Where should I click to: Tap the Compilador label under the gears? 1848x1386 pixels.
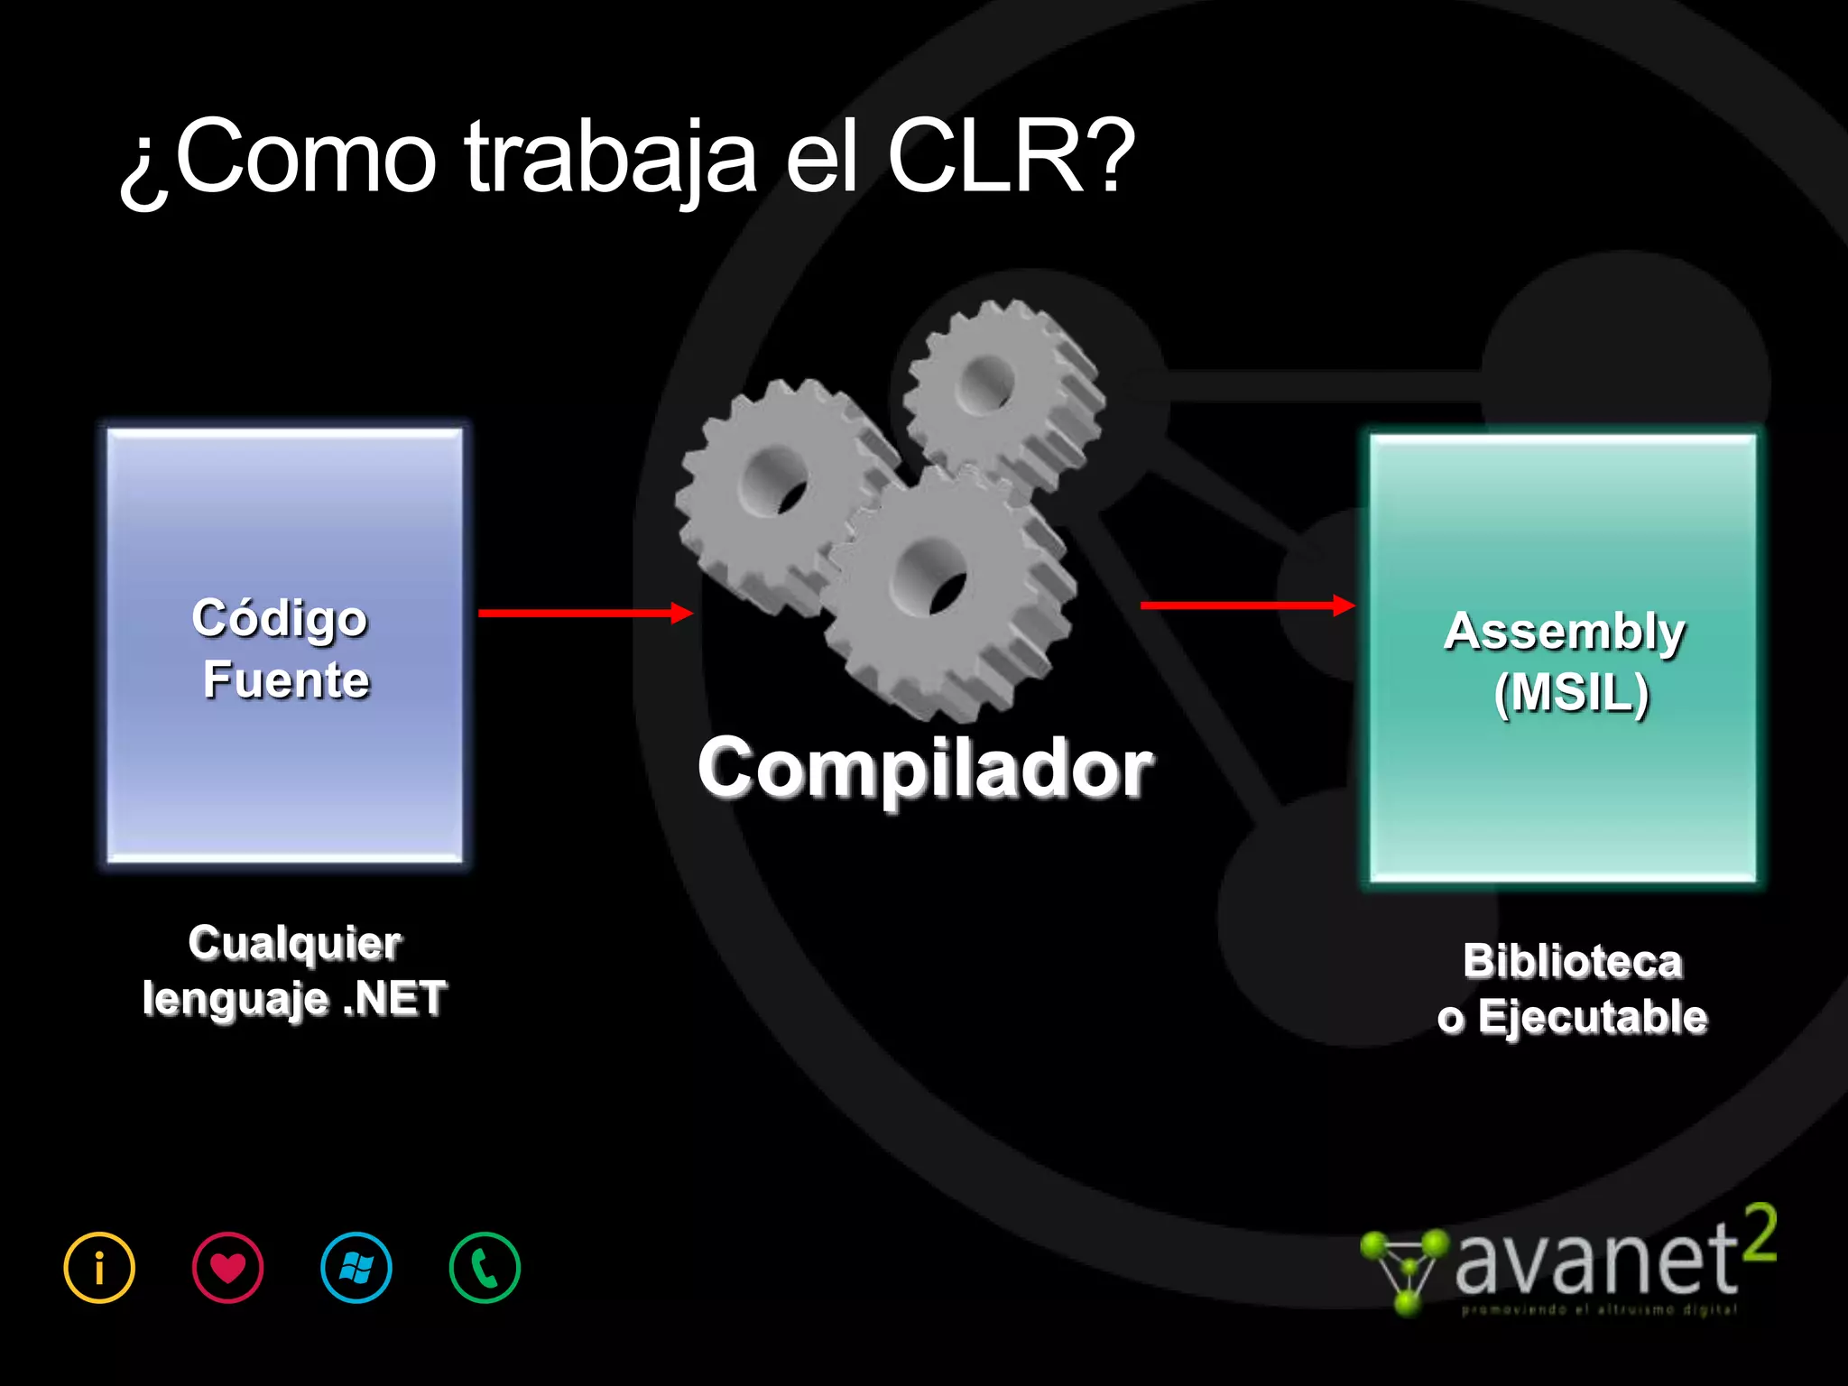click(x=925, y=768)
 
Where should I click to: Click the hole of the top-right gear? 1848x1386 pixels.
click(x=986, y=384)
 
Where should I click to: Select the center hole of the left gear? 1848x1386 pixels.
click(x=774, y=481)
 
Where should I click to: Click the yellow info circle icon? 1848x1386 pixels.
click(x=99, y=1268)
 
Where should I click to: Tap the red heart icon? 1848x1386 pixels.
click(x=228, y=1268)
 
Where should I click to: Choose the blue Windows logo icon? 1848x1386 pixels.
click(x=356, y=1268)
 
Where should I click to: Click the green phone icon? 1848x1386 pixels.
click(x=485, y=1268)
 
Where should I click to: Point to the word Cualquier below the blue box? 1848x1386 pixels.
click(x=295, y=944)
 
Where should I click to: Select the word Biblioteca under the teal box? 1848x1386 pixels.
click(x=1573, y=962)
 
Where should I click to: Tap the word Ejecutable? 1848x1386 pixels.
click(x=1593, y=1017)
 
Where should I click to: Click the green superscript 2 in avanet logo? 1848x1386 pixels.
click(x=1759, y=1234)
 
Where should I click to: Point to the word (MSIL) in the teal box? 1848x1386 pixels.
click(x=1572, y=693)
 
